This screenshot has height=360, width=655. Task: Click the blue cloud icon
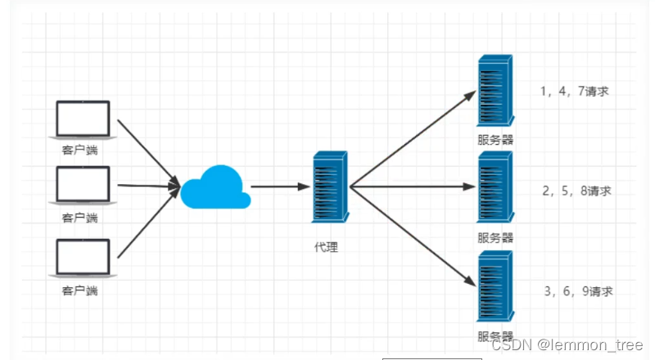point(215,187)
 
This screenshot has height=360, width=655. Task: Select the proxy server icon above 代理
point(332,186)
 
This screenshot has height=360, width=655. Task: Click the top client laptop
point(82,120)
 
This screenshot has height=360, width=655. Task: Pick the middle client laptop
point(82,187)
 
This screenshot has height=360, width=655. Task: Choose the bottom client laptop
point(82,258)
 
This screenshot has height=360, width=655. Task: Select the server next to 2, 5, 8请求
point(496,189)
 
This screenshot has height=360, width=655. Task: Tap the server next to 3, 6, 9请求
point(496,287)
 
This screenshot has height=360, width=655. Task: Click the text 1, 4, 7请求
point(575,91)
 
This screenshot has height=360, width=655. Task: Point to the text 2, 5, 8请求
point(576,191)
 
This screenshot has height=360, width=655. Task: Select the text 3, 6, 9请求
point(578,290)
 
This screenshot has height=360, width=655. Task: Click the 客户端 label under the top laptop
point(80,150)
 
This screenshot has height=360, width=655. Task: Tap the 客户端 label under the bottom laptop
point(80,289)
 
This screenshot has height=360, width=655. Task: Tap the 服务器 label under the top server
point(496,140)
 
